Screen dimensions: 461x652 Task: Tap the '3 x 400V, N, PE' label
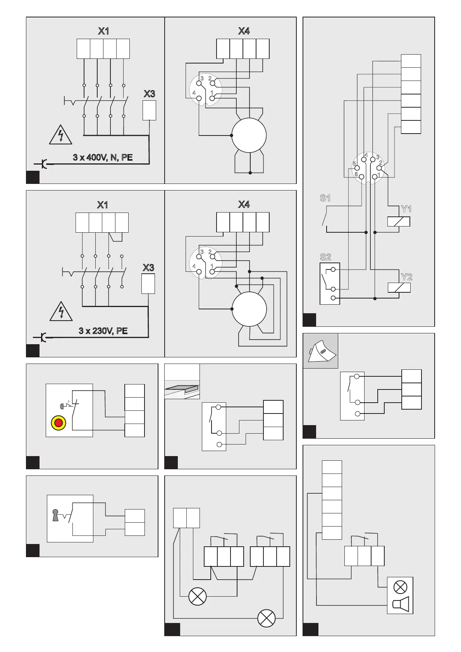[103, 158]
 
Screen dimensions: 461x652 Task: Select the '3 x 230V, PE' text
[103, 331]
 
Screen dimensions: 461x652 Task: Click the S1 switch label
[325, 198]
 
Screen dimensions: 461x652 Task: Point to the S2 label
[325, 257]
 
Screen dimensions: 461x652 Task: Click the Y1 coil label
[406, 209]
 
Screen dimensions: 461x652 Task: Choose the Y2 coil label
[406, 277]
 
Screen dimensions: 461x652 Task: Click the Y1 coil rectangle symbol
[399, 221]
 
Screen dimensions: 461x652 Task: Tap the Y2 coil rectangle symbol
[399, 288]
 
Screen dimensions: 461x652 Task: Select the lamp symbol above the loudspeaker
[400, 587]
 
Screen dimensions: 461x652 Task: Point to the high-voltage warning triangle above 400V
[60, 135]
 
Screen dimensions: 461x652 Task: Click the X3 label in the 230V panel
[148, 268]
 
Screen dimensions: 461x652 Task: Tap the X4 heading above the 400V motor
[244, 31]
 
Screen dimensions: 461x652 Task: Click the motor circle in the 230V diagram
[249, 309]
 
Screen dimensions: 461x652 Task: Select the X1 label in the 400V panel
[103, 31]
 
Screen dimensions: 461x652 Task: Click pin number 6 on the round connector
[356, 174]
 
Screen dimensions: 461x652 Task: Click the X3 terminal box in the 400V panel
[150, 110]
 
